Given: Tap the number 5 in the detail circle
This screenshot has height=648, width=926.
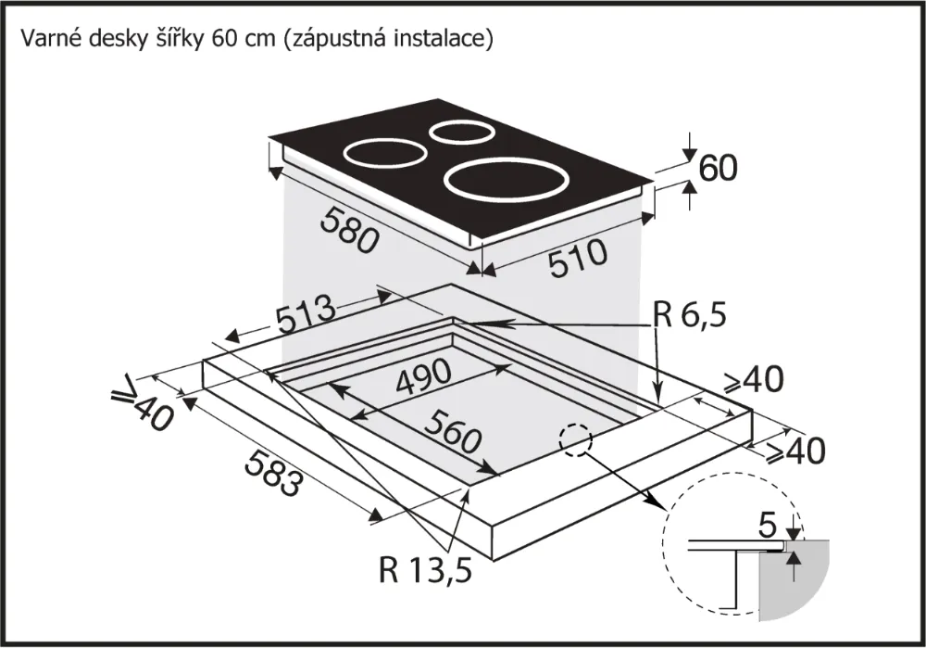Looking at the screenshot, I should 765,526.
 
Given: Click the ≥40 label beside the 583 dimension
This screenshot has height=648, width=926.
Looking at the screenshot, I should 144,405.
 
